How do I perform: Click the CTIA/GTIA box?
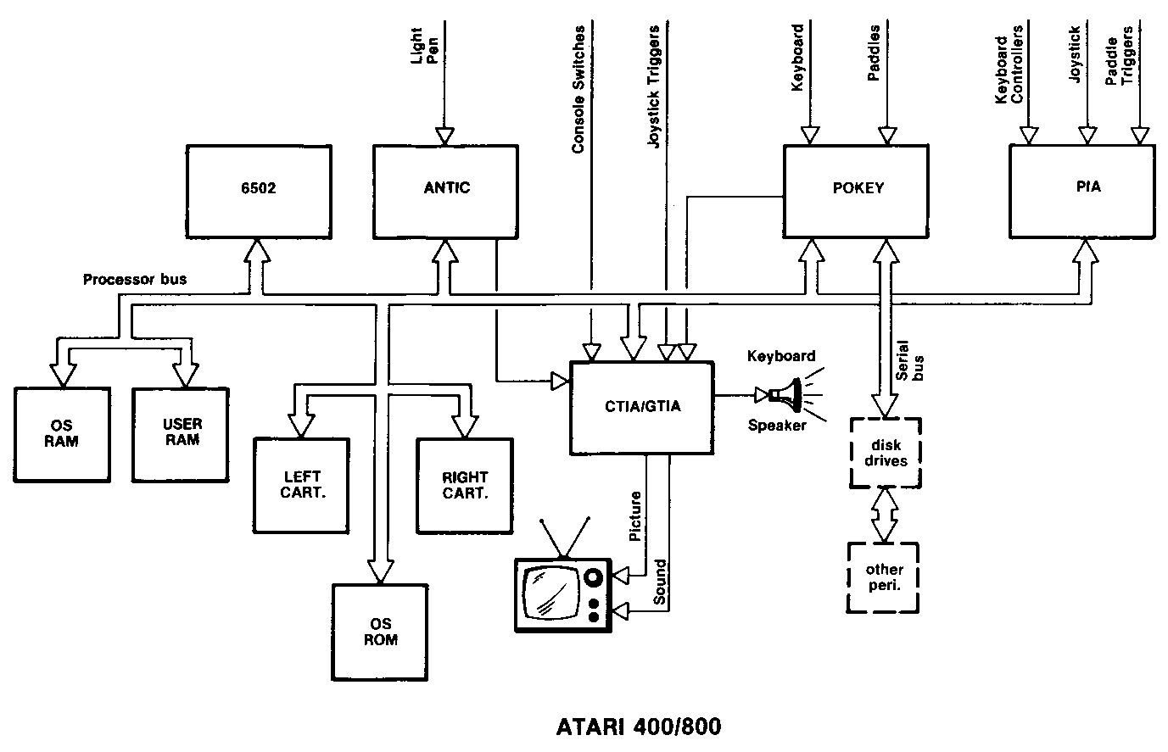pos(641,407)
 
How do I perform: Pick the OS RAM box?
pos(63,434)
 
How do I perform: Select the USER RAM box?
pos(181,434)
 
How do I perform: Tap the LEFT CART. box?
pos(301,485)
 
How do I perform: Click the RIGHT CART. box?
pos(465,485)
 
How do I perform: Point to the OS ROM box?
pos(380,631)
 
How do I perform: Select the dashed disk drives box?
pos(886,453)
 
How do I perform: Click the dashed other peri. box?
pos(884,577)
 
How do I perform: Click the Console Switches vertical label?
pos(578,89)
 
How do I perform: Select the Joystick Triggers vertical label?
pos(654,89)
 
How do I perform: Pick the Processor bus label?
pos(134,279)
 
